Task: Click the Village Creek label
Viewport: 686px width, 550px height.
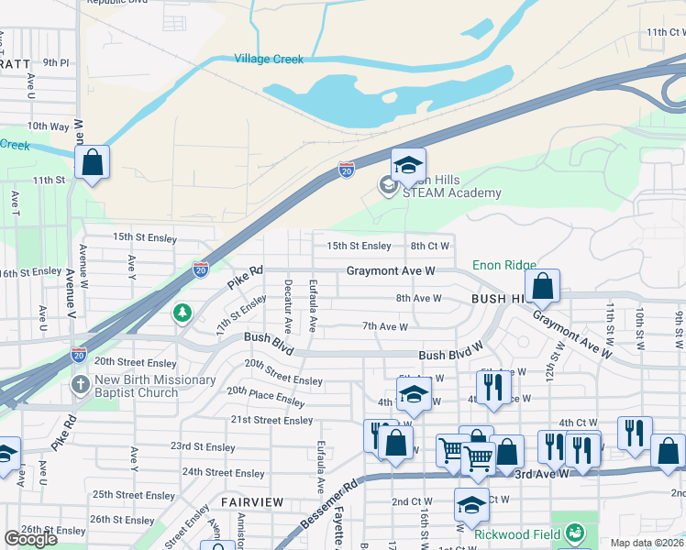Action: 269,59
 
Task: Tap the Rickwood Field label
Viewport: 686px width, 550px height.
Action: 518,533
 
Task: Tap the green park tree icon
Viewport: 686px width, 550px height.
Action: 183,313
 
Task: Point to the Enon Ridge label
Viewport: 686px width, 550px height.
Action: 504,265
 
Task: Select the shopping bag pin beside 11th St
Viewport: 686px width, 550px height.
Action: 93,164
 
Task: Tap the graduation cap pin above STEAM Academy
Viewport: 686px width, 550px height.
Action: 408,166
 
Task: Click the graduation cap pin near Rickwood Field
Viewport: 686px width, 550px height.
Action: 471,505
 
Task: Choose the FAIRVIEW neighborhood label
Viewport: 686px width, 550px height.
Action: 249,503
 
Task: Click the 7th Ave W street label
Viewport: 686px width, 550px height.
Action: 384,325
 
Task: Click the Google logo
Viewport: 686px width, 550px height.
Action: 30,539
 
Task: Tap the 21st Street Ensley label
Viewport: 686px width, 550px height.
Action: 271,420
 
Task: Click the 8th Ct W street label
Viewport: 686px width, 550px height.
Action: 430,246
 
